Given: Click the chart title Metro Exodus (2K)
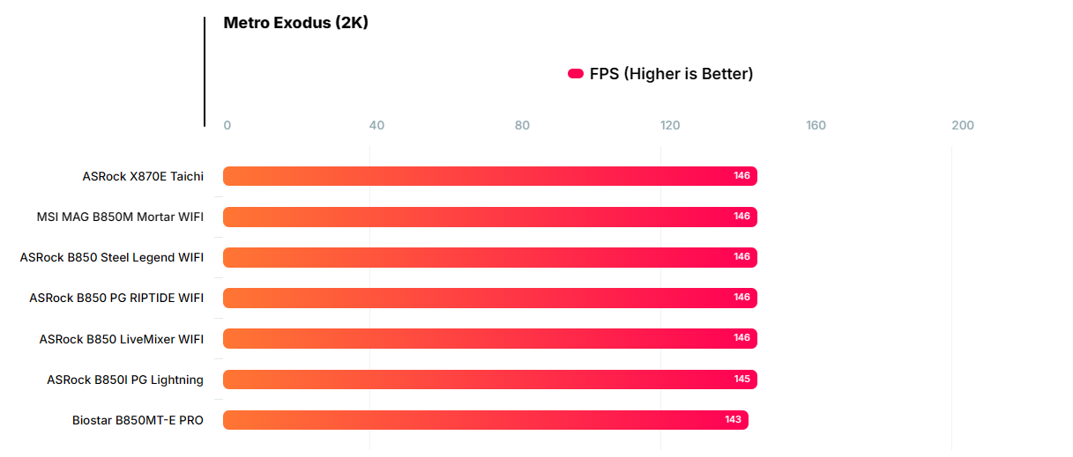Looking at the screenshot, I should (295, 23).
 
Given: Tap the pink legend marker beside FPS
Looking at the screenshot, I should (576, 74).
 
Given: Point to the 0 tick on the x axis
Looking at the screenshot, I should (227, 125).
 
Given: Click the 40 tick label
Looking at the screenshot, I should (376, 125).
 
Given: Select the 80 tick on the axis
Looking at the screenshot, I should (522, 125).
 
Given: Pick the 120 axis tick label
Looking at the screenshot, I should (670, 125).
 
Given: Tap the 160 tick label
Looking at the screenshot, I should (816, 125).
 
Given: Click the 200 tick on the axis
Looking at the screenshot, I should (963, 125).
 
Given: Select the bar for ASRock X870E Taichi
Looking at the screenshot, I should (489, 176).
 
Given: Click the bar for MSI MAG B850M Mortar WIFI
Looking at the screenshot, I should (489, 217).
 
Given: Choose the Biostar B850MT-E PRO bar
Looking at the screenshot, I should (485, 420).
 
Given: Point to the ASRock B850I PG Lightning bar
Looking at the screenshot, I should (489, 380).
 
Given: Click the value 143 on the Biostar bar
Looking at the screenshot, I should (733, 420).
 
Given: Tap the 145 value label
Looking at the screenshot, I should (741, 380).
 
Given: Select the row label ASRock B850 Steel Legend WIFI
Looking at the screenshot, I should (112, 257).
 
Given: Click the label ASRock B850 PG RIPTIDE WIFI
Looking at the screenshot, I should (116, 298).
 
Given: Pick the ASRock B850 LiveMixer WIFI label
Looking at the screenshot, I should (122, 339).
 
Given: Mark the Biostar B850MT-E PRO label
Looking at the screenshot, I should (138, 420).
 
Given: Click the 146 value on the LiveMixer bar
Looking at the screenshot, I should (741, 338).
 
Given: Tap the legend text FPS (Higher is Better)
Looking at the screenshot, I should (671, 74).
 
